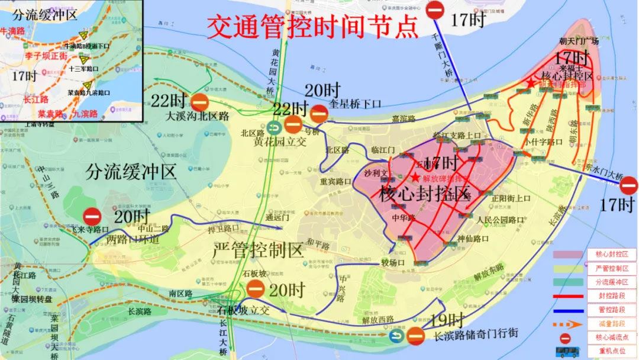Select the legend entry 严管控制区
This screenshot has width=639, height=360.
pyautogui.click(x=612, y=268)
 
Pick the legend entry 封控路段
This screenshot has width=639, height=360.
pyautogui.click(x=612, y=296)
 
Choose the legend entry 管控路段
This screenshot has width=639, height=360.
pyautogui.click(x=612, y=310)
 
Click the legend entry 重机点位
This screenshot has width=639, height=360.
pyautogui.click(x=612, y=351)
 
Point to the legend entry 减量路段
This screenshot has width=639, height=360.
pyautogui.click(x=612, y=324)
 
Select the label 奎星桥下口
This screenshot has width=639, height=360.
pyautogui.click(x=355, y=104)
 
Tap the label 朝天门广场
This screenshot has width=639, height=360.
pyautogui.click(x=579, y=41)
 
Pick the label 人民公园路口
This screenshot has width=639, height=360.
pyautogui.click(x=500, y=220)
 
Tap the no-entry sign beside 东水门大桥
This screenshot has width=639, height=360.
pyautogui.click(x=628, y=187)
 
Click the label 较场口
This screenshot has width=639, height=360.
pyautogui.click(x=393, y=262)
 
